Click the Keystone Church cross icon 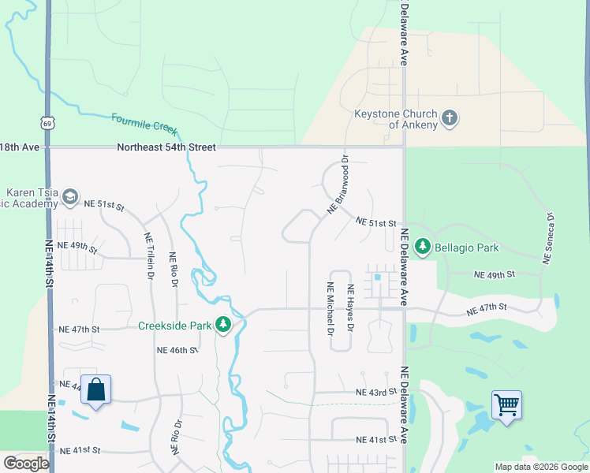coord(450,119)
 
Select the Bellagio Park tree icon coord(423,248)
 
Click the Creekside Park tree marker coord(224,325)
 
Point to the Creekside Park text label coord(174,326)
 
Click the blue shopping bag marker coord(95,390)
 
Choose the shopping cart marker coord(506,405)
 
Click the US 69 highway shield coord(48,124)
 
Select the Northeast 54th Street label coord(166,147)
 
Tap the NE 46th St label coord(175,350)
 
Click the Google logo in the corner coord(26,464)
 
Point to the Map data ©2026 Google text coord(540,467)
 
